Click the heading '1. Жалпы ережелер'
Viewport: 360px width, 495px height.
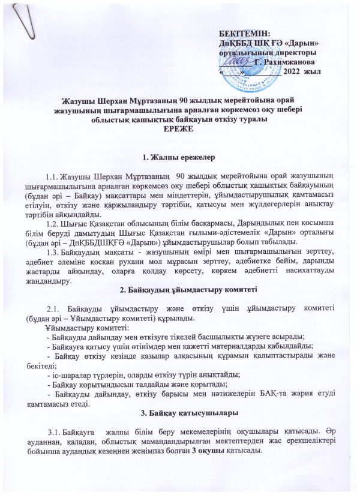tap(178, 158)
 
